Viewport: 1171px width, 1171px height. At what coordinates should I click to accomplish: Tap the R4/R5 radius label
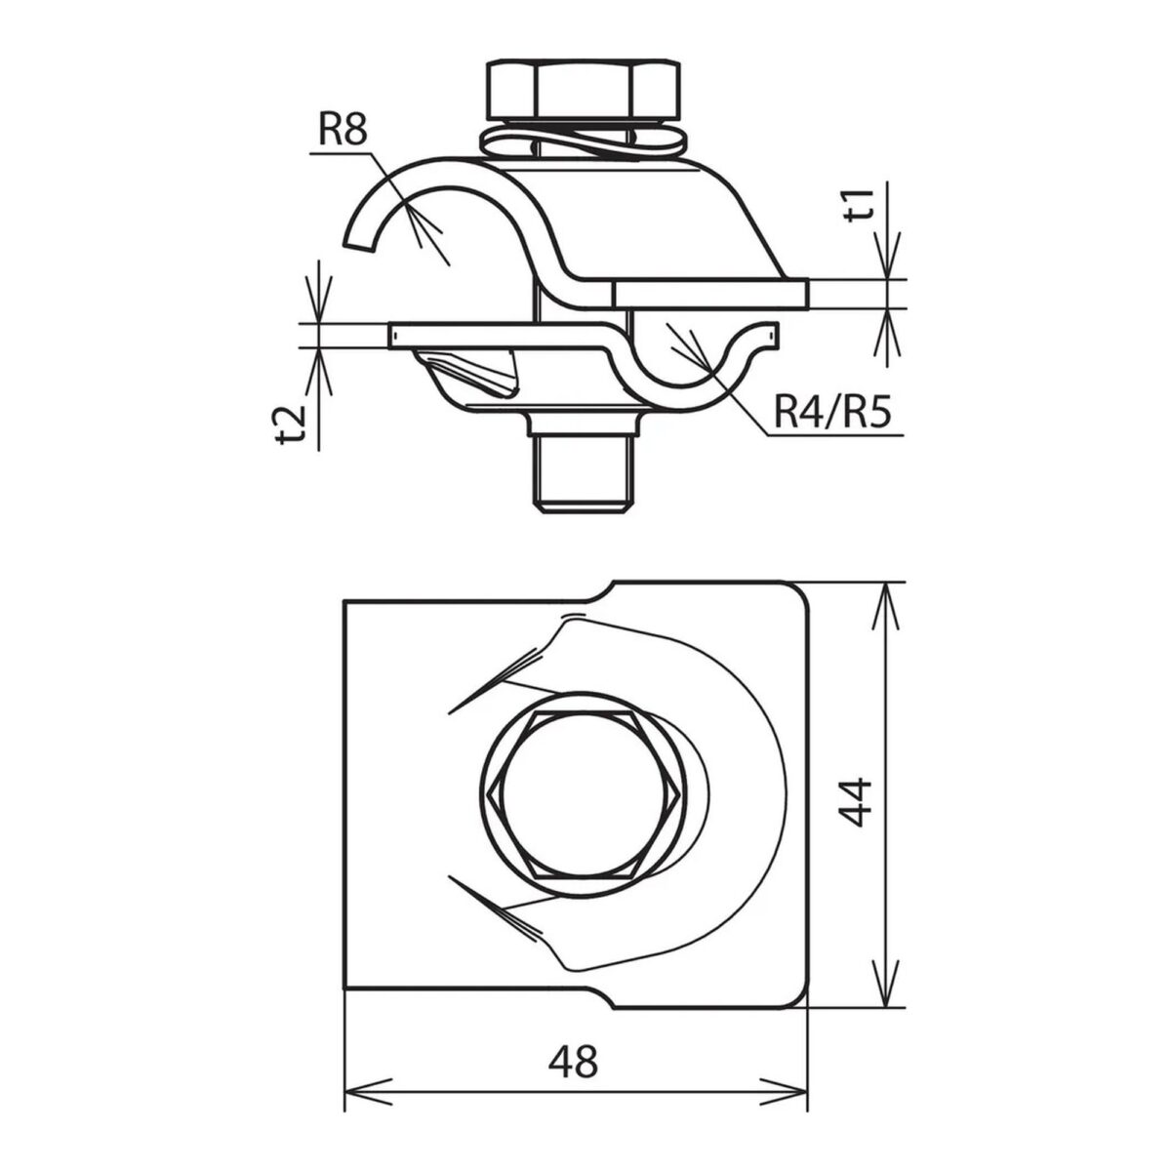point(832,414)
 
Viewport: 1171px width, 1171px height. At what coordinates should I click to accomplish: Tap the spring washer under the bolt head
point(584,143)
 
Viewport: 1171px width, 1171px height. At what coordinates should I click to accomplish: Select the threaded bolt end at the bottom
point(585,474)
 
